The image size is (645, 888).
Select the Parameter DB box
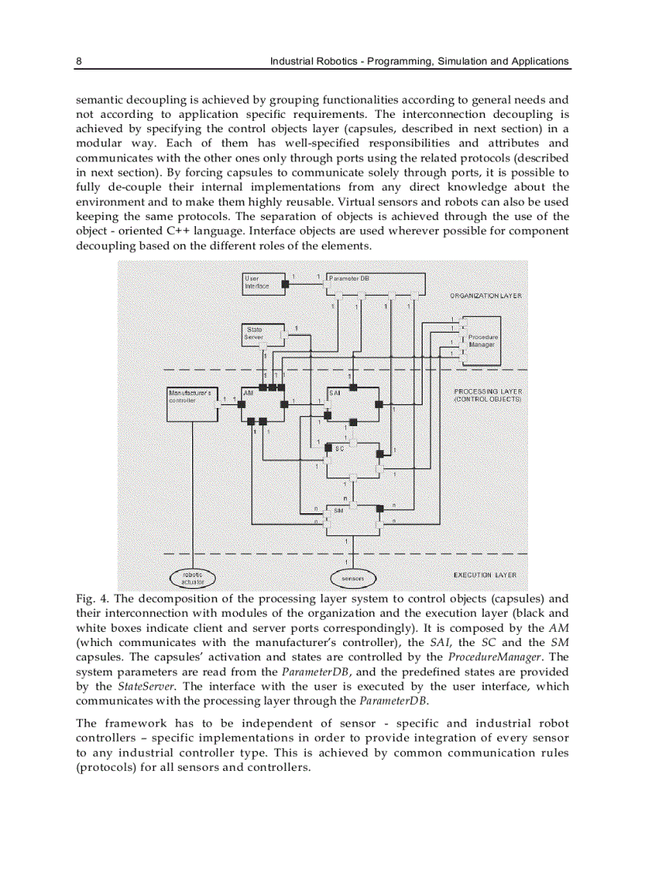(375, 283)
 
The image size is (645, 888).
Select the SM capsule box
(353, 519)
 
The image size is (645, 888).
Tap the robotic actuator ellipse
(192, 578)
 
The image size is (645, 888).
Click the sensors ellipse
(353, 578)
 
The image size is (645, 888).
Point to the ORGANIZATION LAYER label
(485, 295)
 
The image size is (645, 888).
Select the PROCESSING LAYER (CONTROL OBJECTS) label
(487, 395)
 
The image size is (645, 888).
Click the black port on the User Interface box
(289, 283)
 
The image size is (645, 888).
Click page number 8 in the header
(78, 61)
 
